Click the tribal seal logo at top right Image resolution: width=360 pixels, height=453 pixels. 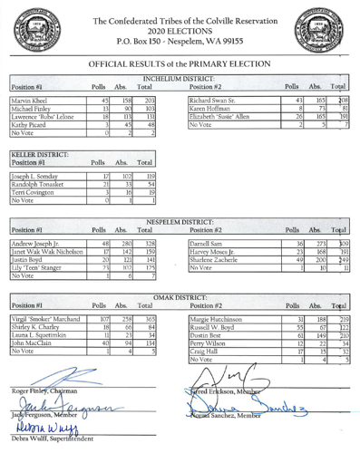tap(329, 29)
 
